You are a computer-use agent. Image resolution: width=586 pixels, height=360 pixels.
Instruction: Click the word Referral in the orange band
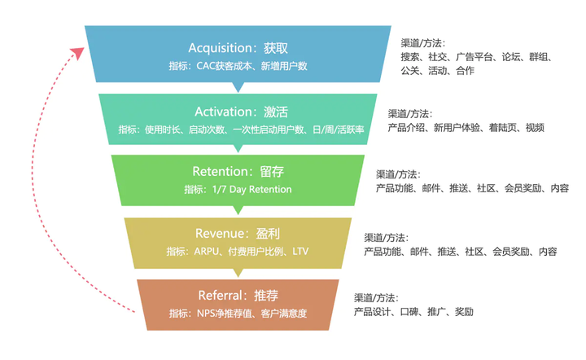[x=221, y=296]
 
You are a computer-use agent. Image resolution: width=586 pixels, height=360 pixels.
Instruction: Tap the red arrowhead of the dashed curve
[x=78, y=53]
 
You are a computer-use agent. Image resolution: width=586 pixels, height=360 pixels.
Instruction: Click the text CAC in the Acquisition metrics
[x=206, y=66]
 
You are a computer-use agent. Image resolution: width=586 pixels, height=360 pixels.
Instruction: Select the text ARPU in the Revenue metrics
[x=206, y=251]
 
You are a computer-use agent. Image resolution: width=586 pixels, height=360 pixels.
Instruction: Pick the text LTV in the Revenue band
[x=300, y=251]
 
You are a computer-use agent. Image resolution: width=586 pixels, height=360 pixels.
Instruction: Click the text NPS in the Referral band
[x=206, y=314]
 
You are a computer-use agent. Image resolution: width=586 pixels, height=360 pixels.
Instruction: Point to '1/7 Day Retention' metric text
[x=251, y=190]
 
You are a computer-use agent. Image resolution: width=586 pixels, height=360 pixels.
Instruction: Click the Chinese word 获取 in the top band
[x=276, y=48]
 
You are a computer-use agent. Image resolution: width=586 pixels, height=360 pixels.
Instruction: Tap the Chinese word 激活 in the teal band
[x=276, y=112]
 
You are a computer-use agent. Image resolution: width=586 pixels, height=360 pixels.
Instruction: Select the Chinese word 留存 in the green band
[x=272, y=172]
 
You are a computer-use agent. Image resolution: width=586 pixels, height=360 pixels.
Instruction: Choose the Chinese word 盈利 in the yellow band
[x=268, y=234]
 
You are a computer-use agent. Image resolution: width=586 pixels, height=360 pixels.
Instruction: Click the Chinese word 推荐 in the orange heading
[x=266, y=296]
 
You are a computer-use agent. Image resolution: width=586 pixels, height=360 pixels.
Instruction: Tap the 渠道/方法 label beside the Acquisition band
[x=422, y=43]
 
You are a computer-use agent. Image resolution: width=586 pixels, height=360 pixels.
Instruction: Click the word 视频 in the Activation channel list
[x=535, y=128]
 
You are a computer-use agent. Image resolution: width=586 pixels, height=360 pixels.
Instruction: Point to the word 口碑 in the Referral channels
[x=409, y=312]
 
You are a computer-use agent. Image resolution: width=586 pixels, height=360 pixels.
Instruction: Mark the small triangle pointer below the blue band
[x=238, y=87]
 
